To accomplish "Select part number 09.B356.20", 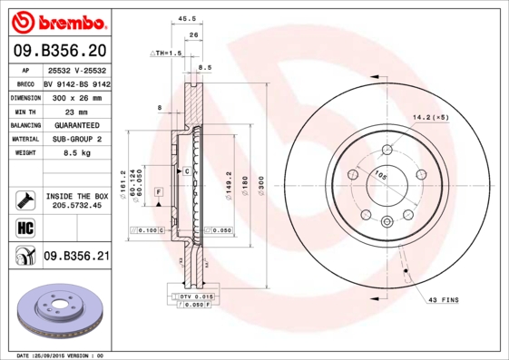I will tap(59, 50).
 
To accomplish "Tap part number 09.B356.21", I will tap(77, 257).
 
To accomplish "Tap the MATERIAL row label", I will tap(24, 139).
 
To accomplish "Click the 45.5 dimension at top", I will tap(189, 18).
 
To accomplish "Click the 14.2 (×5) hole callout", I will tap(431, 117).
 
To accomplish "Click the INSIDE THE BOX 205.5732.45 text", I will tap(77, 200).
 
